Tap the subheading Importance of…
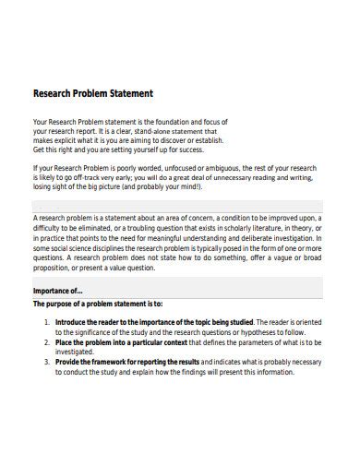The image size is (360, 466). [57, 290]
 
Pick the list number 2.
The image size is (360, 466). [46, 341]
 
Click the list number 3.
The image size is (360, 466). [46, 361]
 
